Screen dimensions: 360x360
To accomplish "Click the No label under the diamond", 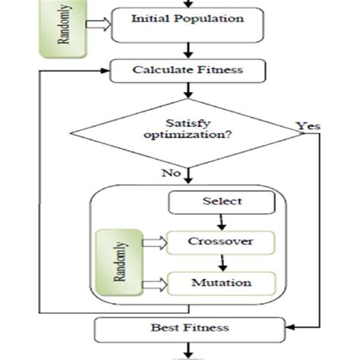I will (169, 174).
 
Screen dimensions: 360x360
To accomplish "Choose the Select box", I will (222, 201).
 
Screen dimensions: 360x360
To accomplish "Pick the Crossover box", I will (220, 244).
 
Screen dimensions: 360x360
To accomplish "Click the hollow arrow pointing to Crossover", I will (156, 244).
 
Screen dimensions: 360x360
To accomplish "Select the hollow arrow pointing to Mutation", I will (156, 285).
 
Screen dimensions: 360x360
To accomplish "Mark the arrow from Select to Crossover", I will (222, 222).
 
